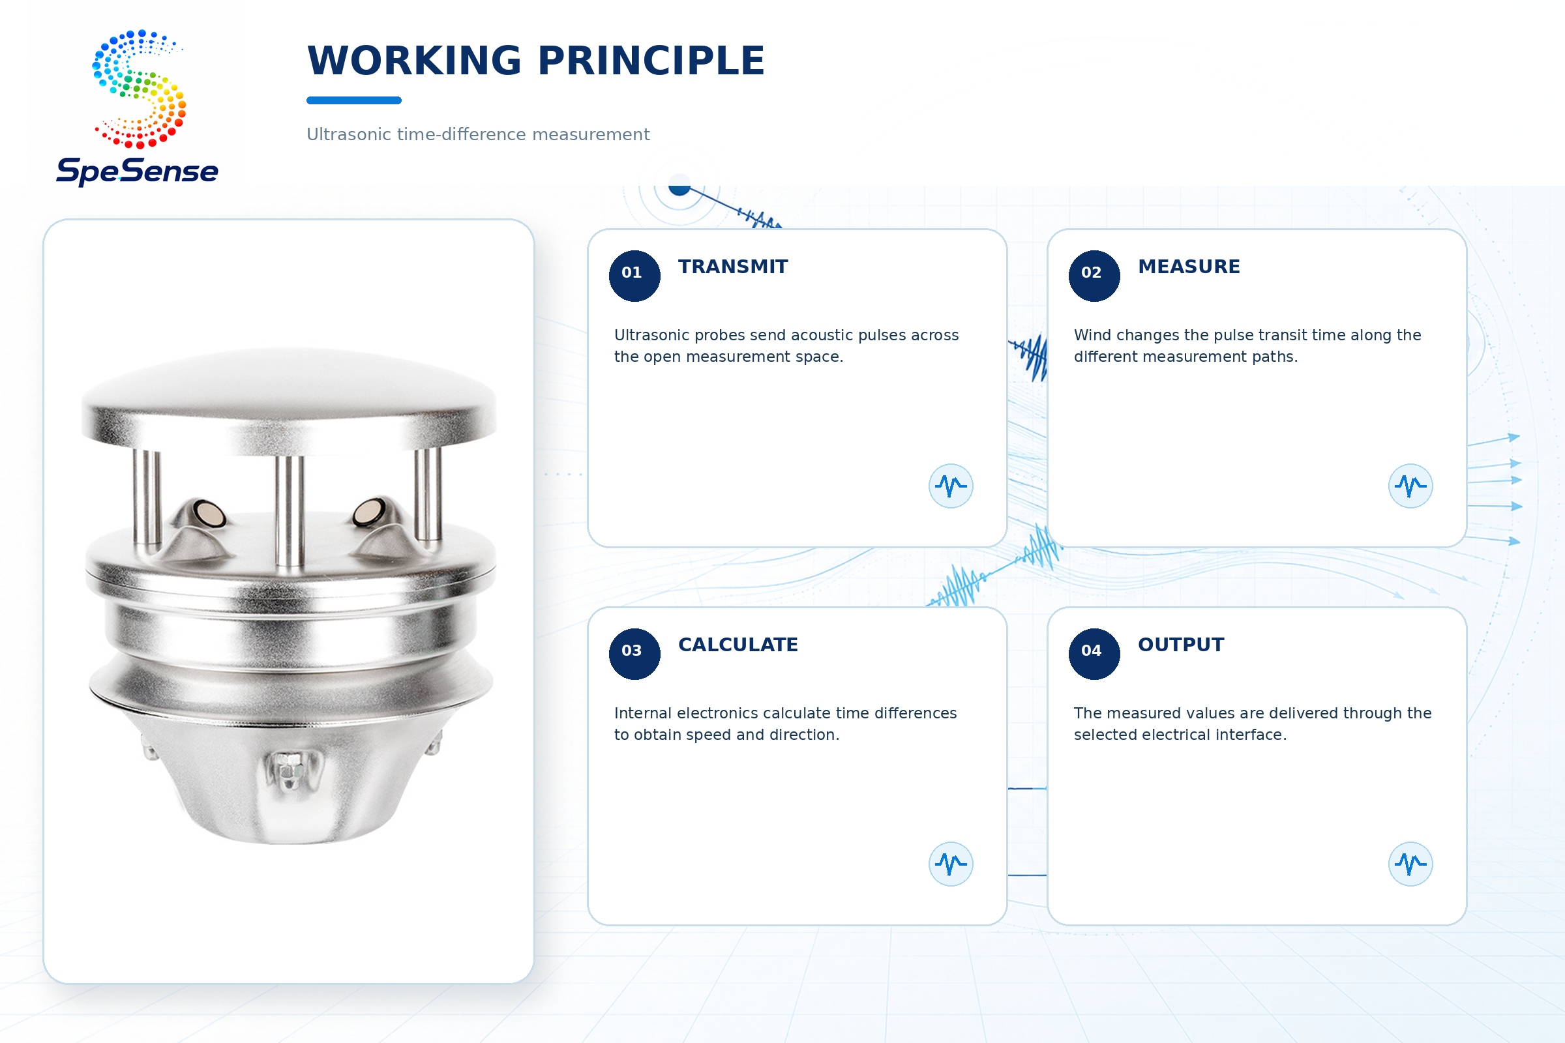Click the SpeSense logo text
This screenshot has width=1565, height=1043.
[137, 171]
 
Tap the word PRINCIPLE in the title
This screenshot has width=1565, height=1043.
[651, 61]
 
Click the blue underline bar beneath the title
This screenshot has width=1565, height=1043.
[354, 100]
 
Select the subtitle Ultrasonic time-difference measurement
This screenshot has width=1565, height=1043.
[478, 134]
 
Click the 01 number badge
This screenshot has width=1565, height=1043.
[634, 275]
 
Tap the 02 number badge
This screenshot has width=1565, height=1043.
[1094, 275]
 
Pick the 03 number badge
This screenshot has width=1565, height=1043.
[634, 653]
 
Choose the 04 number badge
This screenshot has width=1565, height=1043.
[1094, 653]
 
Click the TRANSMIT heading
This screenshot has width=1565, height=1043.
[732, 267]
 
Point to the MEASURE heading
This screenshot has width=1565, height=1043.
[1189, 267]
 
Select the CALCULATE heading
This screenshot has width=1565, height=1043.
[738, 645]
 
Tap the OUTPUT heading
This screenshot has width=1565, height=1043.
[1181, 645]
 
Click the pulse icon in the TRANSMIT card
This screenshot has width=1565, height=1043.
[951, 486]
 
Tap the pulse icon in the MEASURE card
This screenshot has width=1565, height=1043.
[1410, 486]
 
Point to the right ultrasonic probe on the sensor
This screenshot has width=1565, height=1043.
[368, 512]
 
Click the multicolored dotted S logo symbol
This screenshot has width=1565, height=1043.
[139, 89]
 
